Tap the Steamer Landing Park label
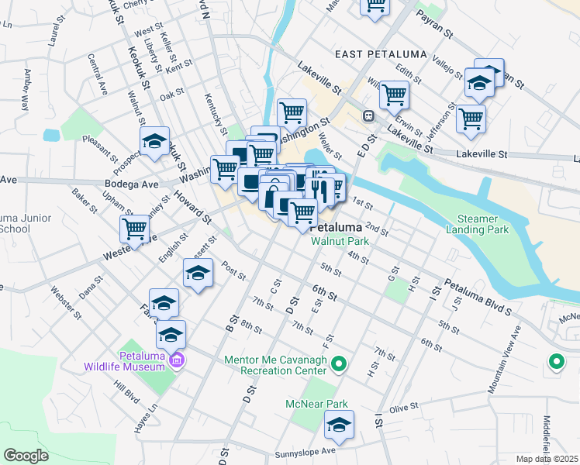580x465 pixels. tap(477, 224)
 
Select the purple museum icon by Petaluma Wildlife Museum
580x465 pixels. tap(177, 360)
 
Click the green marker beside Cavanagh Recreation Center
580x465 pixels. tap(339, 363)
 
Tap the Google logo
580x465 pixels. tap(26, 456)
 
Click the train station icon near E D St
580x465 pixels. tap(369, 116)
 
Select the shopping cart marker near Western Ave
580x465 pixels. tap(135, 229)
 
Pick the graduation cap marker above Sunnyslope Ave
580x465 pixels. tap(340, 425)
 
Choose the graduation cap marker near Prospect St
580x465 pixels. tap(154, 142)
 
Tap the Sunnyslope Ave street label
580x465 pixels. tap(305, 452)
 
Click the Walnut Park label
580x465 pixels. tap(340, 241)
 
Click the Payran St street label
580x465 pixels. tap(433, 24)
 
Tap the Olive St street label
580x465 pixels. tap(403, 407)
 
